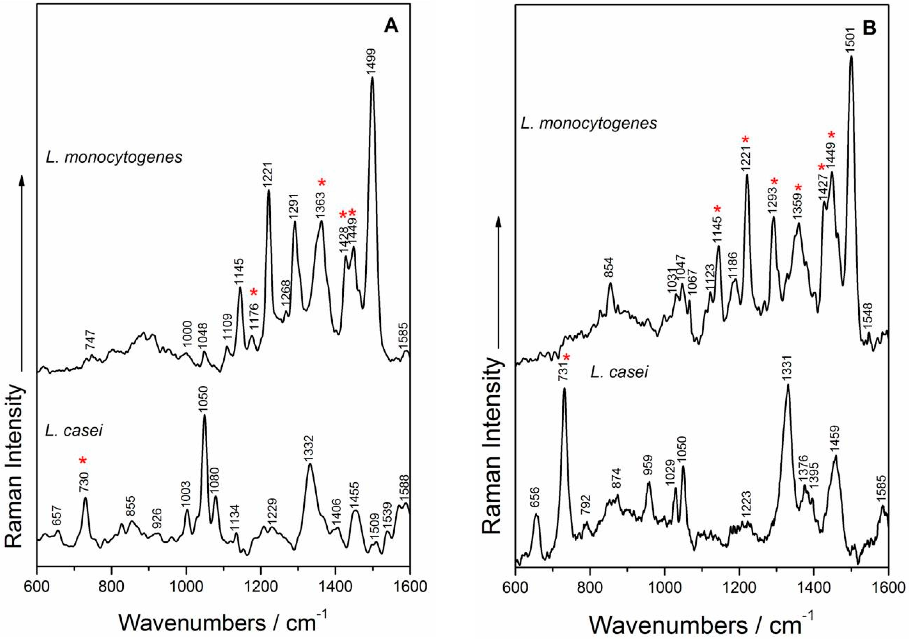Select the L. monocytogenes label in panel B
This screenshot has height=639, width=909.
[x=589, y=124]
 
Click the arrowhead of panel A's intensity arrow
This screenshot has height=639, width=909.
[x=22, y=179]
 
